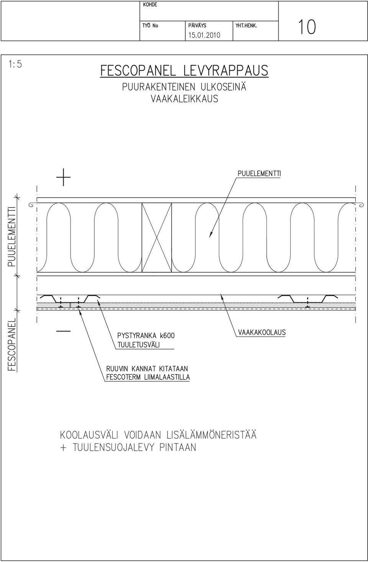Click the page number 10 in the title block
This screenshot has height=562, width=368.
(307, 27)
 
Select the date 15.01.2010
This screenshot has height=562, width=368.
(204, 35)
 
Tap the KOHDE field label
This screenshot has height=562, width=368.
(150, 5)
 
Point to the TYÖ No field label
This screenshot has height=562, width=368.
(150, 26)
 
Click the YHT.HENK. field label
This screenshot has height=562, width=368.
(246, 26)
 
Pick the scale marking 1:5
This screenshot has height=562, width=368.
(15, 64)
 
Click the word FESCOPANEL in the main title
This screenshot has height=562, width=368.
(138, 71)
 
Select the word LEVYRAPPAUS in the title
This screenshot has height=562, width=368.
(226, 71)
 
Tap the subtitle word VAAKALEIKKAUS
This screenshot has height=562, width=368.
(184, 99)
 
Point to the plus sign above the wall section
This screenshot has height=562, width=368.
(63, 177)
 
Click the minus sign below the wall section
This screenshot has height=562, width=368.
(63, 331)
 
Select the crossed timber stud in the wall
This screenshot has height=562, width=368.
(157, 237)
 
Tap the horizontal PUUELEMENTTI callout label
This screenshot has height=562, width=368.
(259, 174)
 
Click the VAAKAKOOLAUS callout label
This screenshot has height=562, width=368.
(262, 333)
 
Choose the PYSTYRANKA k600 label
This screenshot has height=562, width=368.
(146, 336)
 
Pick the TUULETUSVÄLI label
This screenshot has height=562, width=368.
(138, 345)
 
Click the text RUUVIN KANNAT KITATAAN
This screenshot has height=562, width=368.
(147, 369)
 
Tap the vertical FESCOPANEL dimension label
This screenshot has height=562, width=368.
(12, 345)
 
